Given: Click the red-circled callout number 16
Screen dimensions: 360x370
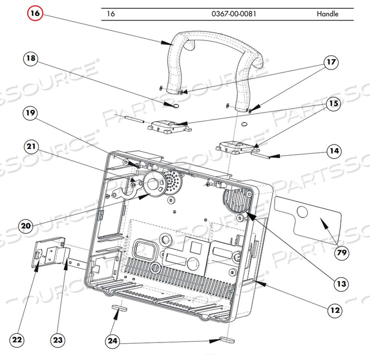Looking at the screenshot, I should coord(35,13).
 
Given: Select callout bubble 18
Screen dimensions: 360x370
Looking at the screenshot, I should coord(31,59).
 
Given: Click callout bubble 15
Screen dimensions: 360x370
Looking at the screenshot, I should coord(333,103).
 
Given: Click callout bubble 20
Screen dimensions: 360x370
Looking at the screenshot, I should coord(28,226).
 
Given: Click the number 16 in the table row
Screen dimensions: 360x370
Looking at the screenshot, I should coord(111,14).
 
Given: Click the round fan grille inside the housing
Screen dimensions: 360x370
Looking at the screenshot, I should coord(239,201).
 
